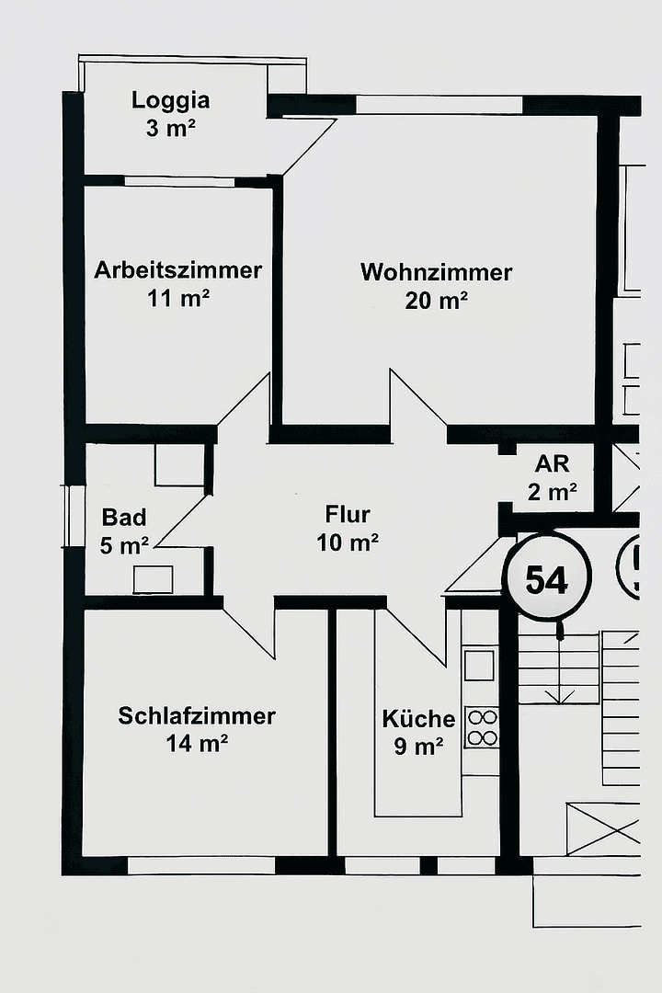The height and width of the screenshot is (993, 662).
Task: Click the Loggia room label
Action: (x=171, y=100)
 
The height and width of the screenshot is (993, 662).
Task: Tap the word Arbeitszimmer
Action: (x=178, y=270)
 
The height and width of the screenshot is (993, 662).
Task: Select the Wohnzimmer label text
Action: (x=436, y=272)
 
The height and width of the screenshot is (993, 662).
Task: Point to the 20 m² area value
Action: (x=437, y=300)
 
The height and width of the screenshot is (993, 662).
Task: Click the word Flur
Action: (x=348, y=514)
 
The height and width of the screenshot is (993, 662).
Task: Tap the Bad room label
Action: (x=124, y=517)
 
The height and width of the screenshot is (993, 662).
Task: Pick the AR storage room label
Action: (x=553, y=463)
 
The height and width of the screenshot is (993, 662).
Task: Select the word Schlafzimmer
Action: (x=197, y=715)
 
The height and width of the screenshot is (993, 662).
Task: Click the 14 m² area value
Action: (x=197, y=744)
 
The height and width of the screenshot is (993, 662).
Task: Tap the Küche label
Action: (x=418, y=719)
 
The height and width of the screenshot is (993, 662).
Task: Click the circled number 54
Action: (x=547, y=579)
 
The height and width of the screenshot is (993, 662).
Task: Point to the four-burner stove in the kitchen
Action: (x=480, y=726)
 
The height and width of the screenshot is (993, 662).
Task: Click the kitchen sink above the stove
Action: (x=479, y=664)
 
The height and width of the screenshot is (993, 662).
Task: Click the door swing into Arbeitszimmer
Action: (x=245, y=405)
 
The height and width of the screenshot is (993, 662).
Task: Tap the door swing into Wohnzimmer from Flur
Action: (x=414, y=401)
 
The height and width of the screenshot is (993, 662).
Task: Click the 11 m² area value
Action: (x=178, y=298)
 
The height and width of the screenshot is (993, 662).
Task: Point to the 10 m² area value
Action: (x=348, y=542)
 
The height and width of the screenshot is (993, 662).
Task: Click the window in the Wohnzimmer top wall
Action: (x=439, y=105)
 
